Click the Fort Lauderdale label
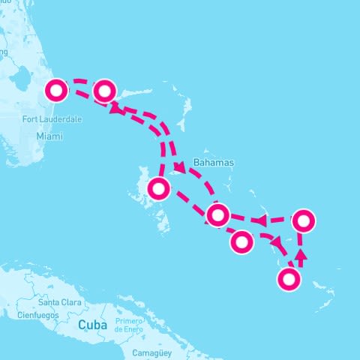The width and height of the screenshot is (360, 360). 52,119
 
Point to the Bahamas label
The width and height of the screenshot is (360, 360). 214,162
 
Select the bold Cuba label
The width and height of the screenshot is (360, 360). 93,325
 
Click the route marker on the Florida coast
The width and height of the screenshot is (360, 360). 56,90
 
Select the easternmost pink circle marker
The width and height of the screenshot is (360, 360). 303,220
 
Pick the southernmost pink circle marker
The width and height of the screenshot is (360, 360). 289,280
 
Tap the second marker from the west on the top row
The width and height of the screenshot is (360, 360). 104,91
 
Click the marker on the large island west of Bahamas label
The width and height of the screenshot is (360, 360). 158,188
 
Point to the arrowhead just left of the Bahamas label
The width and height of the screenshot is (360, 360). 180,167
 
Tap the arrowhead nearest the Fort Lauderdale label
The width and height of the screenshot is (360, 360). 115,109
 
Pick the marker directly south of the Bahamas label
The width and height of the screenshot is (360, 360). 217,215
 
